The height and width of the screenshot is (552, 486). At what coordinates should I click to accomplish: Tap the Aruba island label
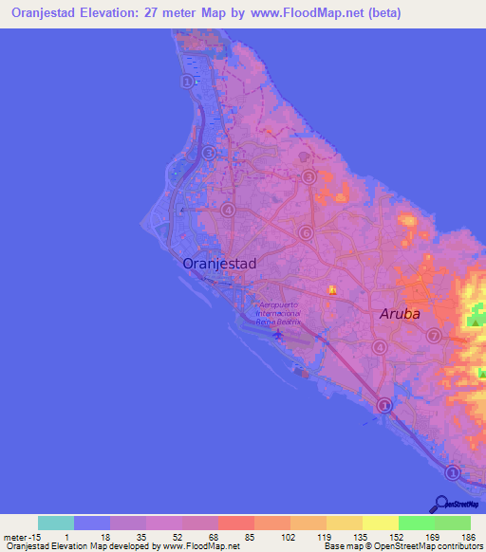pyautogui.click(x=400, y=313)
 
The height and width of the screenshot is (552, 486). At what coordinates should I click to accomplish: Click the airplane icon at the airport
pyautogui.click(x=278, y=333)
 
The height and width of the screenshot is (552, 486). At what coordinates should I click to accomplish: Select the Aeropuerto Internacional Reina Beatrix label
pyautogui.click(x=278, y=313)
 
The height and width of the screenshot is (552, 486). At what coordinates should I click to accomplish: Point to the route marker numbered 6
pyautogui.click(x=306, y=232)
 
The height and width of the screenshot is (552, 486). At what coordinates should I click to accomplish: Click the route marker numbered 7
pyautogui.click(x=434, y=336)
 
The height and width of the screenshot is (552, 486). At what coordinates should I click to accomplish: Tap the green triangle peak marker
pyautogui.click(x=473, y=322)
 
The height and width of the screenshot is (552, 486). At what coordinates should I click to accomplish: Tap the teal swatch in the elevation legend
pyautogui.click(x=56, y=523)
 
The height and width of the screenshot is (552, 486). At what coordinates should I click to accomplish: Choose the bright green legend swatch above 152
pyautogui.click(x=416, y=523)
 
